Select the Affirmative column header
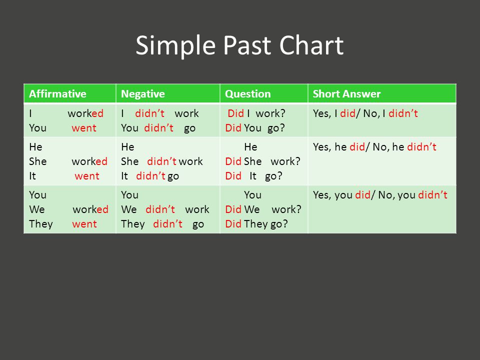pyautogui.click(x=57, y=93)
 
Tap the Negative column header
pyautogui.click(x=143, y=94)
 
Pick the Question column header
pyautogui.click(x=248, y=94)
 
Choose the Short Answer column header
pyautogui.click(x=347, y=93)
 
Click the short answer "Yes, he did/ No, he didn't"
pyautogui.click(x=374, y=147)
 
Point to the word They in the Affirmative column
pyautogui.click(x=41, y=224)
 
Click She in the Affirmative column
pyautogui.click(x=38, y=161)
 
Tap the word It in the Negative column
pyautogui.click(x=124, y=176)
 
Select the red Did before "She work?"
pyautogui.click(x=233, y=161)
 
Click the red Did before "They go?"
pyautogui.click(x=233, y=224)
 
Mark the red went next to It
pyautogui.click(x=87, y=176)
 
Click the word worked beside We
pyautogui.click(x=90, y=209)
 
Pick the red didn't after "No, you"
pyautogui.click(x=433, y=195)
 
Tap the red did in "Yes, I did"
pyautogui.click(x=348, y=113)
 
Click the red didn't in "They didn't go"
pyautogui.click(x=168, y=224)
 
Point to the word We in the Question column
pyautogui.click(x=252, y=209)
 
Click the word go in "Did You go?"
pyautogui.click(x=276, y=128)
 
